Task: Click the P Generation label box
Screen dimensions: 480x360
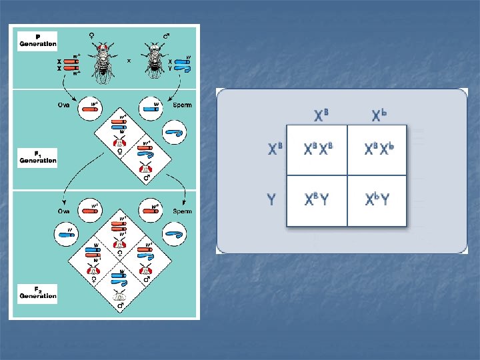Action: click(37, 40)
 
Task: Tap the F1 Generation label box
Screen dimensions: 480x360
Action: click(37, 158)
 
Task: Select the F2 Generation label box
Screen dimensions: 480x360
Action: click(37, 291)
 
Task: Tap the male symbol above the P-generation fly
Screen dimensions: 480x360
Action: click(166, 35)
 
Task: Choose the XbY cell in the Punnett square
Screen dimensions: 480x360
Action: click(377, 200)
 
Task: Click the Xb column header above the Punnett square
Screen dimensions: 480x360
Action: click(379, 115)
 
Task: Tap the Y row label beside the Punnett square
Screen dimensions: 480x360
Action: click(271, 199)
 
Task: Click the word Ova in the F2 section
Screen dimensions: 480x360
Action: click(63, 211)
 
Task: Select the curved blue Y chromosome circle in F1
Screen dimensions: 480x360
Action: click(175, 133)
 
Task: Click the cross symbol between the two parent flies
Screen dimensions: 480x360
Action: click(129, 60)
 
